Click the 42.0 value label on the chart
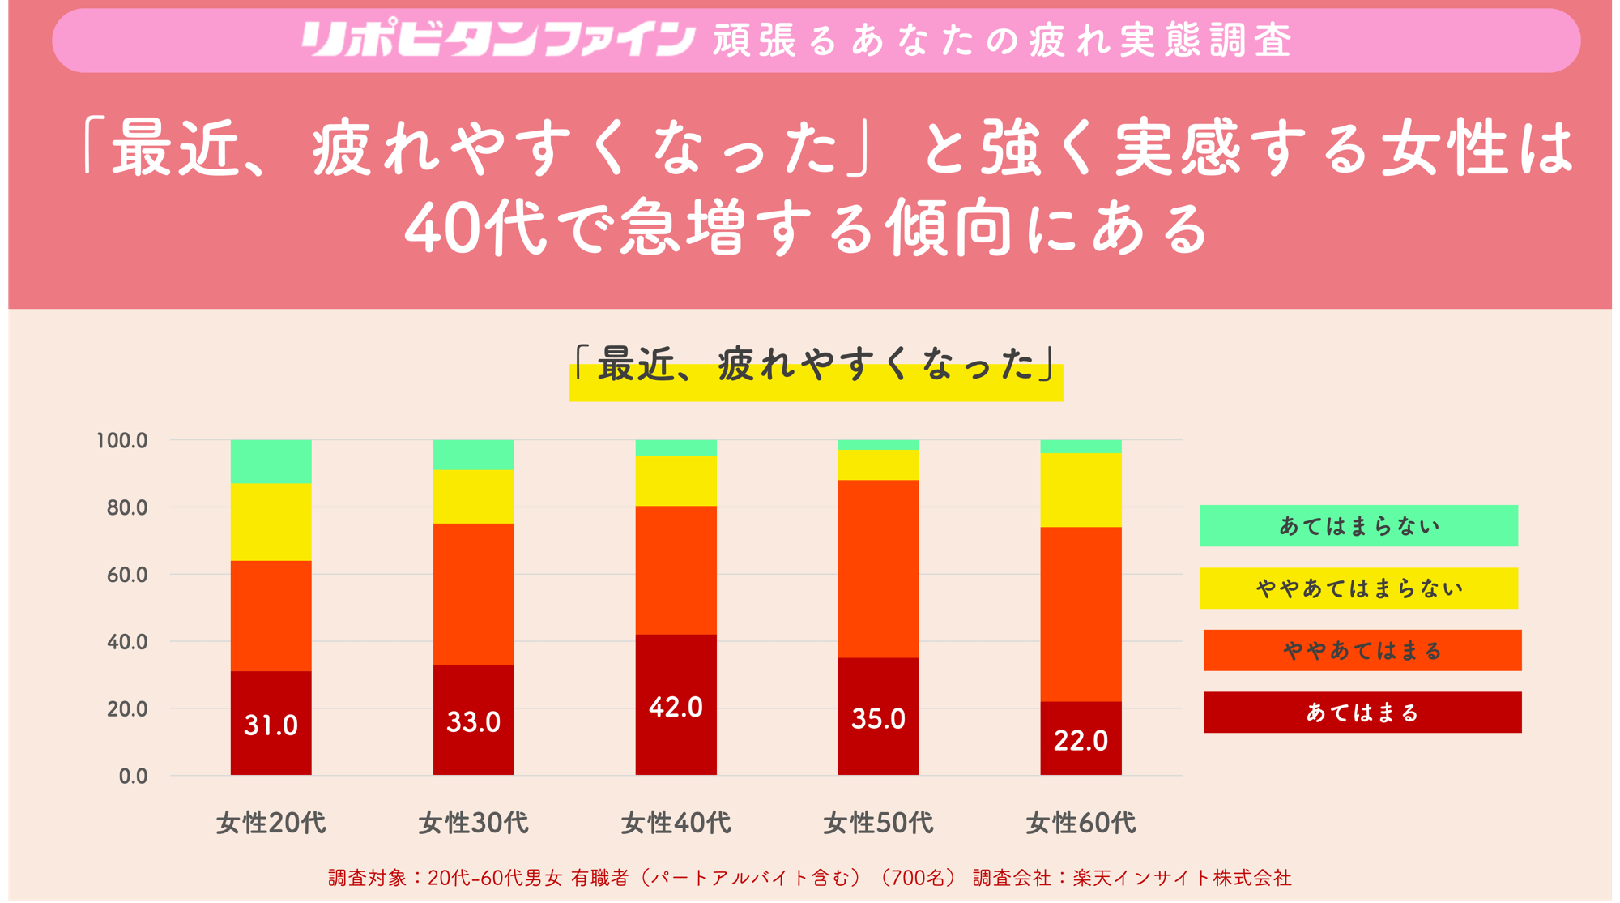676,707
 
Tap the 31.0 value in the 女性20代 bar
271,725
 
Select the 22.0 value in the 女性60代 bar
1081,740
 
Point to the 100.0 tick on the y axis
122,440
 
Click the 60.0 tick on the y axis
127,575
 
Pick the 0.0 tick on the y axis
133,776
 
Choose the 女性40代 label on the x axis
676,823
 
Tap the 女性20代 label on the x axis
271,823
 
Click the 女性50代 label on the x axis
878,823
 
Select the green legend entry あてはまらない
1358,526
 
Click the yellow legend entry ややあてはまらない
1358,588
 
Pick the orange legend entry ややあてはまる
1362,650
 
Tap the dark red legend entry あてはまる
1362,713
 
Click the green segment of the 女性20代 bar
271,461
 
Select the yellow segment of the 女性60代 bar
1081,490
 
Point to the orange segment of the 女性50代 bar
878,568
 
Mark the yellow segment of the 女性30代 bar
473,496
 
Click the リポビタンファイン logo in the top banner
497,40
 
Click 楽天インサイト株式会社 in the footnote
1182,878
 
